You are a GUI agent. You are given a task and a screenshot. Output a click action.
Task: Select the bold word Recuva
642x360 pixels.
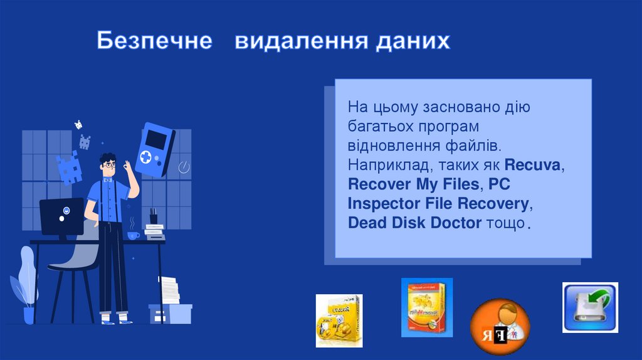[534, 166]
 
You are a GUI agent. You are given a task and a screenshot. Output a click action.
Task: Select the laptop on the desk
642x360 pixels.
[61, 216]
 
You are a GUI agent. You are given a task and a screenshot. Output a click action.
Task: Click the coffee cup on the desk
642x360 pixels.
[133, 235]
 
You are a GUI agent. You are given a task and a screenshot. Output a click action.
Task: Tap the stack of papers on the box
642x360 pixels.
[169, 290]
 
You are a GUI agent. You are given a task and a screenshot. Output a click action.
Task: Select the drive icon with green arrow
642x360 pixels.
[590, 307]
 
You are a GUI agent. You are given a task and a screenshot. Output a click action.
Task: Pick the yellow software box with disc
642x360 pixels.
[339, 320]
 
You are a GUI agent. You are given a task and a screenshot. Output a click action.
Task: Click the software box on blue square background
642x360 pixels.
[426, 307]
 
